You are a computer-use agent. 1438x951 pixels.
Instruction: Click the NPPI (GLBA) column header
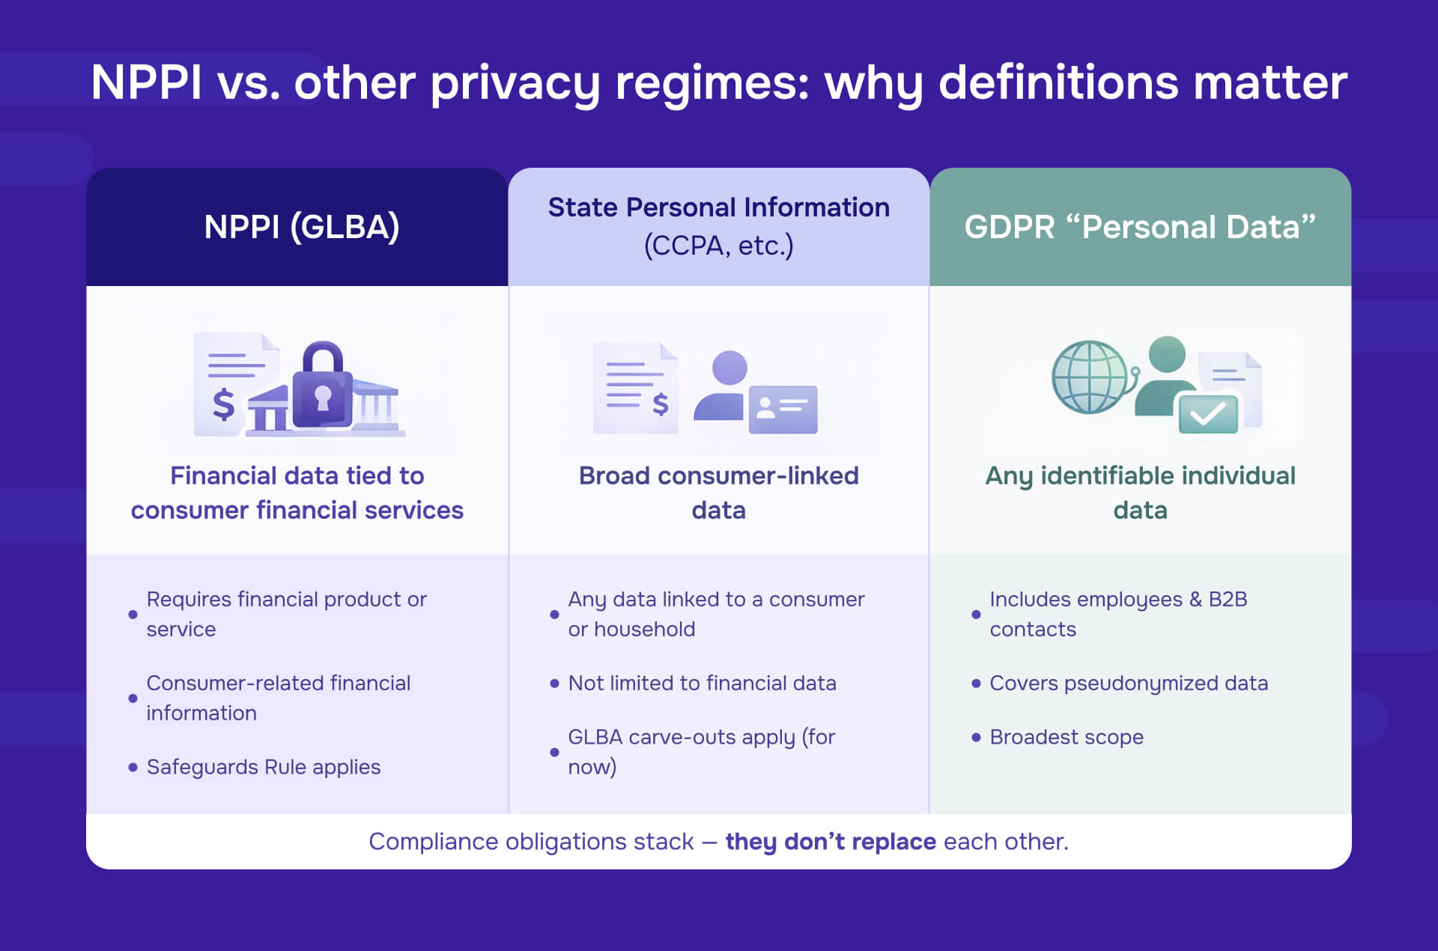pos(301,227)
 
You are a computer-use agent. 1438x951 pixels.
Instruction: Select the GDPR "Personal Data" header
pos(1139,227)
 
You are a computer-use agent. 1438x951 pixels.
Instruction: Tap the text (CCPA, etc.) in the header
pos(718,246)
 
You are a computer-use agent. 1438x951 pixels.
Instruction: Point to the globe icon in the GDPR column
pos(1090,377)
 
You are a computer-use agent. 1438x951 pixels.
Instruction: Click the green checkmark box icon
pos(1207,413)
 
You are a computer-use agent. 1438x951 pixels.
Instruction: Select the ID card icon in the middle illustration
pos(783,409)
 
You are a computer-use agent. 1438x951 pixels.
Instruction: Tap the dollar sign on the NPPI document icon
pos(223,404)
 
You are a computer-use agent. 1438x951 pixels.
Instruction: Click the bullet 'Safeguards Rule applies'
pos(263,767)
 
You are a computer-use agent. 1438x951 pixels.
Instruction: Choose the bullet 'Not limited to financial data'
pos(702,683)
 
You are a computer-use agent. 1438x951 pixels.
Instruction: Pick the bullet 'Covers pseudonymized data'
pos(1128,683)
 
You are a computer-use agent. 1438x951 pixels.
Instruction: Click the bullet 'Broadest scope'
pos(1066,737)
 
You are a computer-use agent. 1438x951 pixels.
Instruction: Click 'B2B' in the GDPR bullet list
pos(1228,599)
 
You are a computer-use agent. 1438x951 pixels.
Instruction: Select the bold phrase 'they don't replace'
pos(830,842)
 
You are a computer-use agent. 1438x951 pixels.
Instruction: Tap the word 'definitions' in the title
pos(1059,82)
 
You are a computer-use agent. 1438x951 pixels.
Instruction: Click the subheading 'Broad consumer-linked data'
pos(718,493)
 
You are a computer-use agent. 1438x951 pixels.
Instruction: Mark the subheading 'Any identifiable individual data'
pos(1139,493)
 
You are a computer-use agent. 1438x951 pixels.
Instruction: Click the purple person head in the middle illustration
pos(729,368)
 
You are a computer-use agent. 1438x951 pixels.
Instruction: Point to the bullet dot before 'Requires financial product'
pos(133,614)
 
